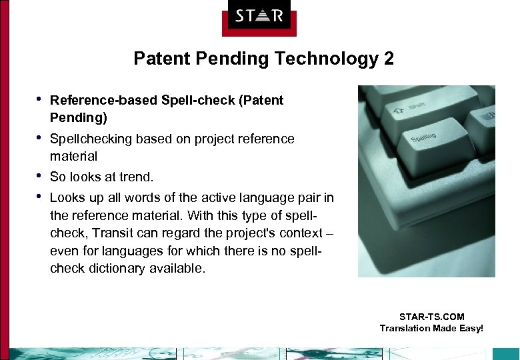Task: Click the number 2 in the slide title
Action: (x=388, y=59)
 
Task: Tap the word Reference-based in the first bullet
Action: (x=103, y=100)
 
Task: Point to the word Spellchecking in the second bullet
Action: (x=91, y=139)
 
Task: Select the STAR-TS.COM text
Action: (x=431, y=317)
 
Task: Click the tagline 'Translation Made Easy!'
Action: (x=431, y=328)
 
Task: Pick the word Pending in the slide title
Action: (x=229, y=59)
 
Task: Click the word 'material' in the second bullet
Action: (x=73, y=156)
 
